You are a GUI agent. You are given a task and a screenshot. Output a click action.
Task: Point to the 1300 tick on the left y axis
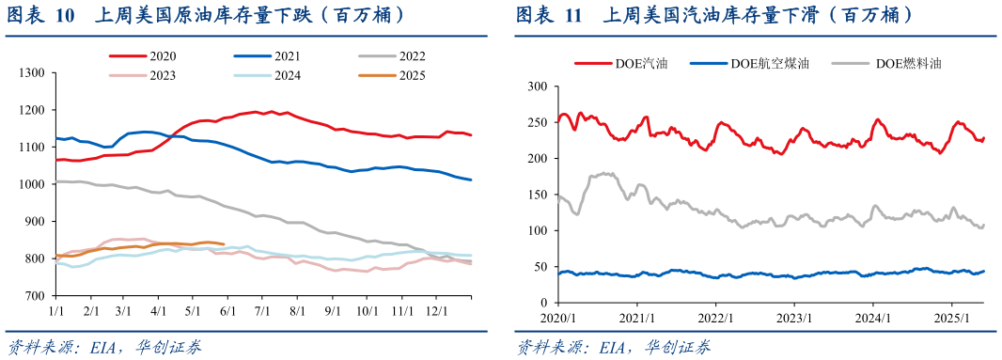(32, 73)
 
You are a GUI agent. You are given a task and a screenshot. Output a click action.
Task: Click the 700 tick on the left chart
(35, 296)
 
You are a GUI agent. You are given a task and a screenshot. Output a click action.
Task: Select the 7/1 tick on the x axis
(263, 309)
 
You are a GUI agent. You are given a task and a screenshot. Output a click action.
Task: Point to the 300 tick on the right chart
(537, 86)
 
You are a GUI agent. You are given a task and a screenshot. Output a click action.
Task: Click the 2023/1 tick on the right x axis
(794, 317)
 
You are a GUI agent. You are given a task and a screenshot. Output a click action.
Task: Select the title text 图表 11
(549, 16)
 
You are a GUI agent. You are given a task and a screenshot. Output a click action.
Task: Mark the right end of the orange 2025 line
(223, 243)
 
